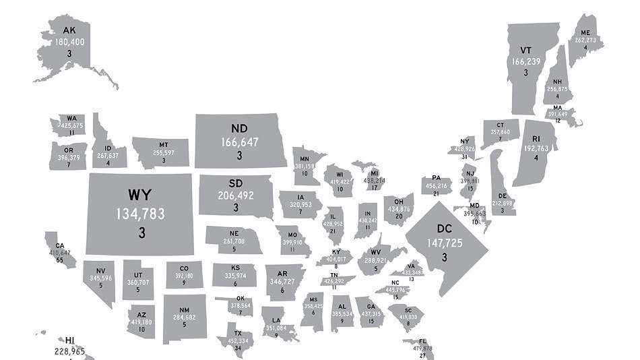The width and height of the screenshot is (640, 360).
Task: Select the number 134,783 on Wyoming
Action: [140, 214]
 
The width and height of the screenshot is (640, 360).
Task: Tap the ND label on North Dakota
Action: [239, 128]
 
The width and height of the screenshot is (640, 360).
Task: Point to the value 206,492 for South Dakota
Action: [236, 195]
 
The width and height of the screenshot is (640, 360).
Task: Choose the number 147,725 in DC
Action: [445, 243]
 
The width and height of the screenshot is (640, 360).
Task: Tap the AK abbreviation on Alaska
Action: [69, 30]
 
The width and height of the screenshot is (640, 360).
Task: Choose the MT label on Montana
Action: [164, 144]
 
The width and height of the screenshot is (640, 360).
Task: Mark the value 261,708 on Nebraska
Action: [234, 241]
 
